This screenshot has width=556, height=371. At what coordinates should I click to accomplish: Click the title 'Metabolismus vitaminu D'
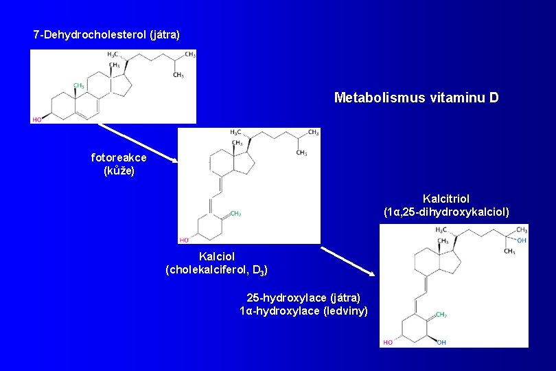(416, 98)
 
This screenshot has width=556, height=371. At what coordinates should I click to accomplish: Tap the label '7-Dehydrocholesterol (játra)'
(106, 34)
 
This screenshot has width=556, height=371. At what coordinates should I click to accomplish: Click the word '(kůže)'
(119, 170)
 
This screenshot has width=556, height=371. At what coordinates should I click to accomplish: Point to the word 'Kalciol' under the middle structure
(216, 256)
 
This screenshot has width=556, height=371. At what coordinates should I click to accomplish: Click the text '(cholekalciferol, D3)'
(216, 269)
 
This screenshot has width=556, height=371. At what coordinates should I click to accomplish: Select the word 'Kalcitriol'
(446, 199)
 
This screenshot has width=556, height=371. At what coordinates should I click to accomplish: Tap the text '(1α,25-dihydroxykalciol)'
(446, 212)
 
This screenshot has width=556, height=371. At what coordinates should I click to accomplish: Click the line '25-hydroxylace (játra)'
(303, 297)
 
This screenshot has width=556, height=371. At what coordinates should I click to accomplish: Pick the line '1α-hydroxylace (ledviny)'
(303, 311)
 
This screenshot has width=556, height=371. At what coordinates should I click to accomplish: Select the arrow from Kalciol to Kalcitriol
(348, 260)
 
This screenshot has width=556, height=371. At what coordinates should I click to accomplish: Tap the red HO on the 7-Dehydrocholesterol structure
(36, 120)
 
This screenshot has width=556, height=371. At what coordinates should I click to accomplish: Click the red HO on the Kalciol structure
(184, 240)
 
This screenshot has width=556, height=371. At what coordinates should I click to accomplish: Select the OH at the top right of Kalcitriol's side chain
(522, 240)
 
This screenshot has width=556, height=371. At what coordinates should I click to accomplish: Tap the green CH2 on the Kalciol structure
(235, 214)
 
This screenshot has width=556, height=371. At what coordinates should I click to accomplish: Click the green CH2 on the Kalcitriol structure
(441, 315)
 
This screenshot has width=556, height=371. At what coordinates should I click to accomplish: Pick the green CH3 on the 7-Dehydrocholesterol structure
(79, 86)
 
